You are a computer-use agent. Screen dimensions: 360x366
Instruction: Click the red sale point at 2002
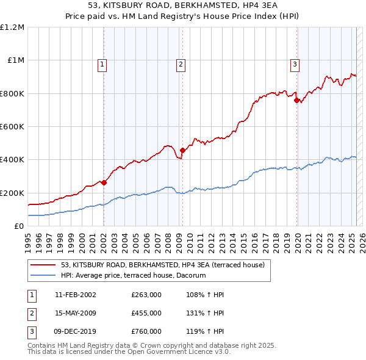(x=104, y=182)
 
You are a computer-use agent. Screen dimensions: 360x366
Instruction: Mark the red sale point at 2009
(x=182, y=150)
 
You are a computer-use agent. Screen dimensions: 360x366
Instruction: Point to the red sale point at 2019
(x=296, y=101)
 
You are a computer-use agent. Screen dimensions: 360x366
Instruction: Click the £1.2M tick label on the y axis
(x=12, y=27)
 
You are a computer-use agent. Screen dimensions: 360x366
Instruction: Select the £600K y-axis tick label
(x=12, y=127)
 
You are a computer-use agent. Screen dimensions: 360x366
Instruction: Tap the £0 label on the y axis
(x=19, y=226)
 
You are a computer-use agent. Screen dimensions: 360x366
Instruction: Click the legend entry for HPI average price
(x=134, y=276)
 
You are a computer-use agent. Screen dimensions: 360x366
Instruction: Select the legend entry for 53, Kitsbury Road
(x=162, y=265)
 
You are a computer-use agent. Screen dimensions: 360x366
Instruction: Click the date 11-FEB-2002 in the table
(x=75, y=295)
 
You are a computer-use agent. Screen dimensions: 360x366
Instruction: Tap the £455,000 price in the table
(x=146, y=313)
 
